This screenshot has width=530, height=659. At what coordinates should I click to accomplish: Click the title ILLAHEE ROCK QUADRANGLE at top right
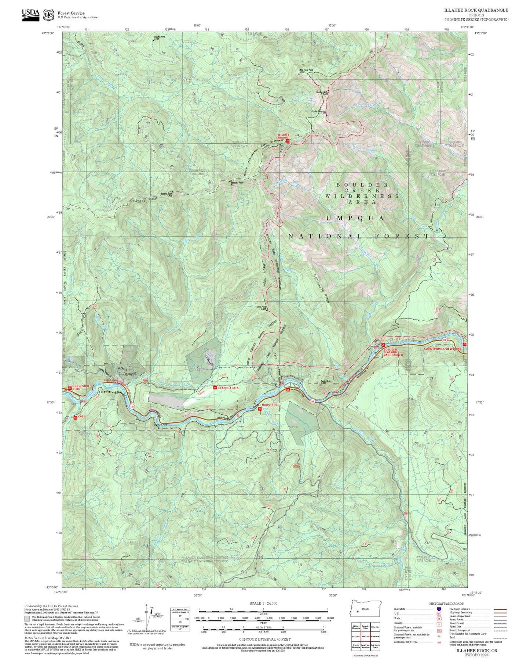[x=476, y=10]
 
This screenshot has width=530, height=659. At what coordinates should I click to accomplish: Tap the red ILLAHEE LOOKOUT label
[x=283, y=136]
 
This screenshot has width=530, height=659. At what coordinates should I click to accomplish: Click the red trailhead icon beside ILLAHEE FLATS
[x=215, y=388]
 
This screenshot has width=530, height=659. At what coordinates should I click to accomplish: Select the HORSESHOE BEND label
[x=81, y=387]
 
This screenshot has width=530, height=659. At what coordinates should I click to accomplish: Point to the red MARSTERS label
[x=269, y=405]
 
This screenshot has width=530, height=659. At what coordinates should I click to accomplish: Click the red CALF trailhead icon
[x=75, y=417]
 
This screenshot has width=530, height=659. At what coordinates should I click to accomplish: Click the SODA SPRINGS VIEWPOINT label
[x=442, y=349]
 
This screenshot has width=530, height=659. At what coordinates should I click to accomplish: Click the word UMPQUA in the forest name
[x=355, y=218]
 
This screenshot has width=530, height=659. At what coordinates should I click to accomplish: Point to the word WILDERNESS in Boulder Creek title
[x=362, y=196]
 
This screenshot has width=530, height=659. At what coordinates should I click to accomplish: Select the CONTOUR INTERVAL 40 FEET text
[x=264, y=640]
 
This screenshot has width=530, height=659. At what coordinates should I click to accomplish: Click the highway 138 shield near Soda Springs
[x=444, y=339]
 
